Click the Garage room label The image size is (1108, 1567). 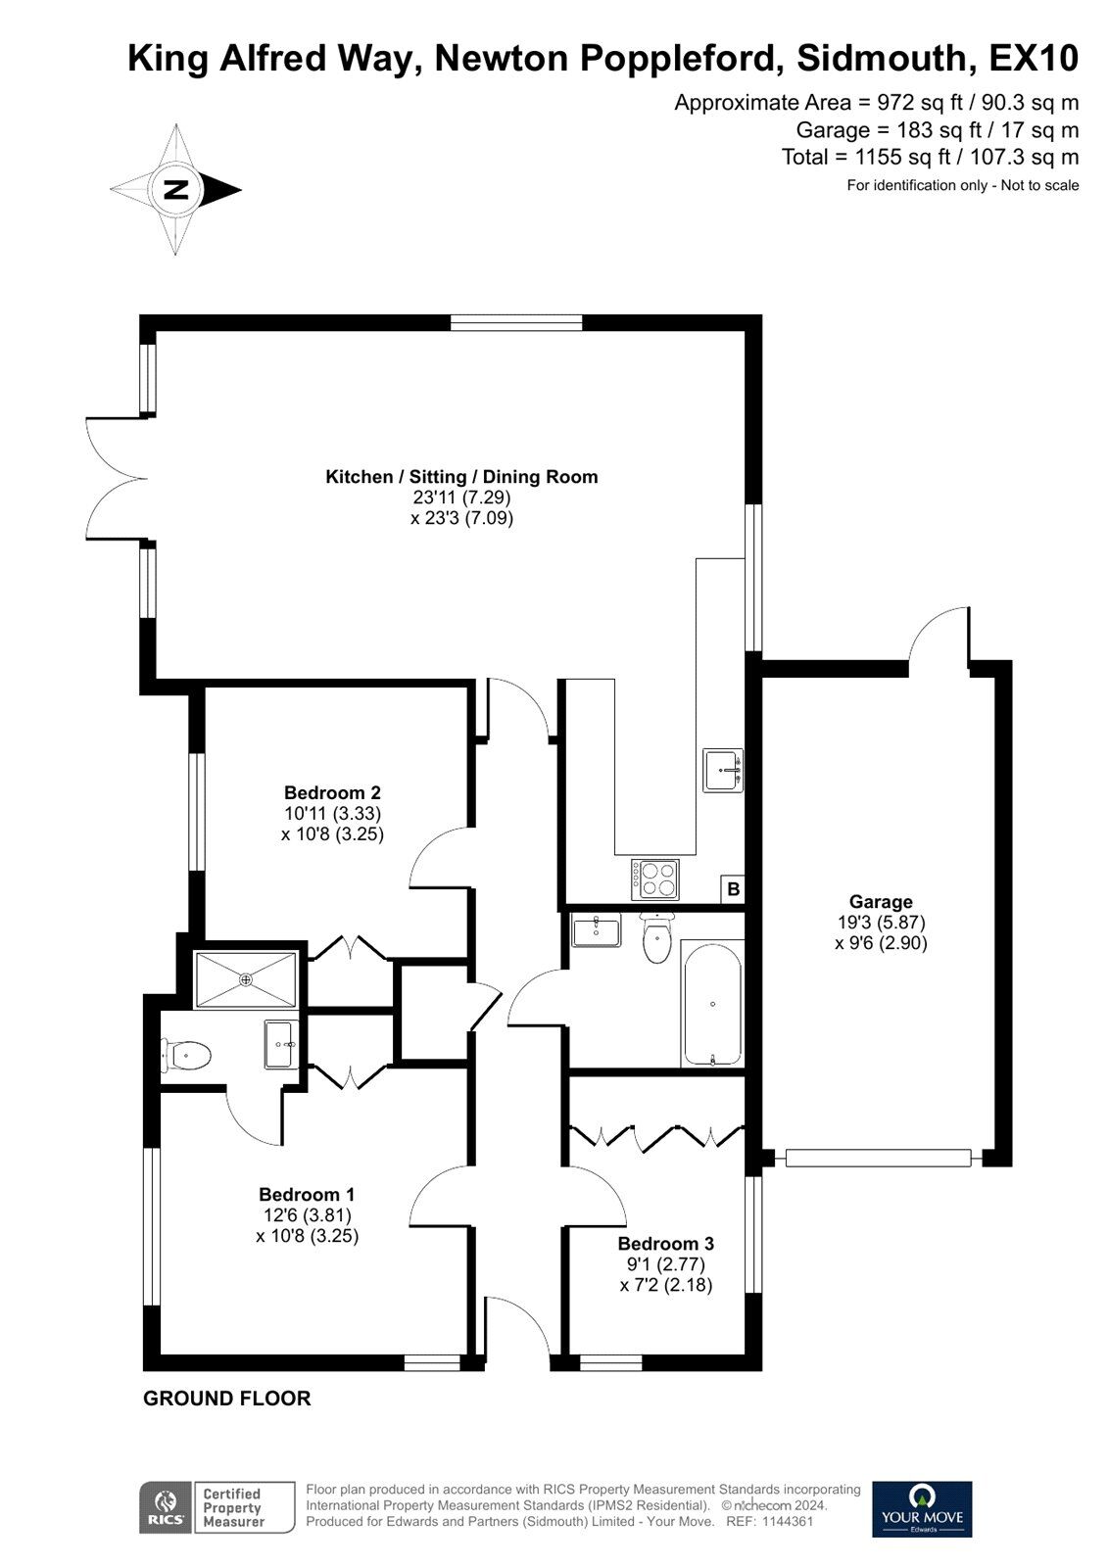pos(881,902)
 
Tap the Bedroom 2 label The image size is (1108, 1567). pos(332,792)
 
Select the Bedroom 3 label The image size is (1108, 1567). pos(665,1243)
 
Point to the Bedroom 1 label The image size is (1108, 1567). pos(308,1194)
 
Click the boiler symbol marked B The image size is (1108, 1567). pos(734,889)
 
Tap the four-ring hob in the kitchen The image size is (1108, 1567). pos(655,879)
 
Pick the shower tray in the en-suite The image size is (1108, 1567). pos(246,979)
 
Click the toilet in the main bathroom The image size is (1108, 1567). pos(658,937)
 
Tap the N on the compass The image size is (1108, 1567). pos(175,190)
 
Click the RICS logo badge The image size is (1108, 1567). pos(166,1507)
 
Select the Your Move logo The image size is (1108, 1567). pos(922,1508)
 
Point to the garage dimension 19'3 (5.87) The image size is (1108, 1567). pos(881,922)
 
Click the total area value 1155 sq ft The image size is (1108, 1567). pos(901,157)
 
